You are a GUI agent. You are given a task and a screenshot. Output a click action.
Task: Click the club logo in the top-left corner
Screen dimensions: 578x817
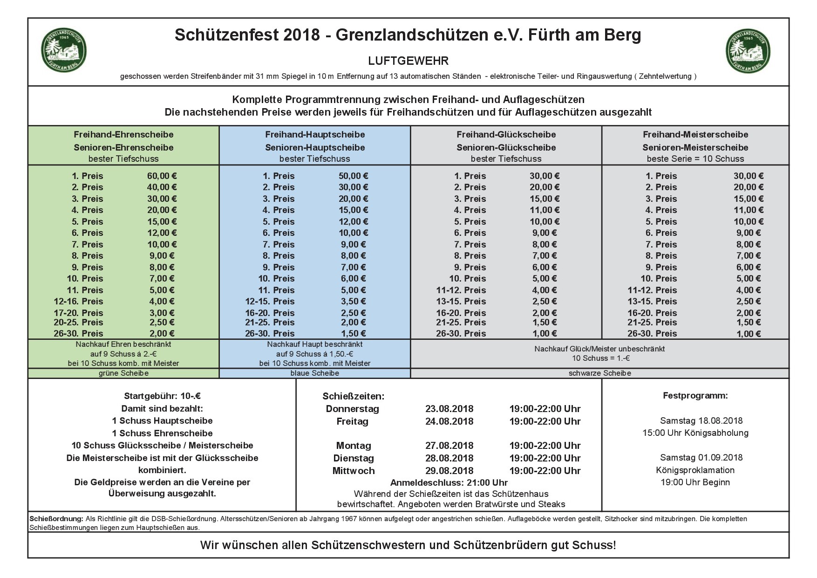[64, 50]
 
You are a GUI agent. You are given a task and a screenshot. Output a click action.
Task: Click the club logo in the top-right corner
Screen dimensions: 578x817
[748, 50]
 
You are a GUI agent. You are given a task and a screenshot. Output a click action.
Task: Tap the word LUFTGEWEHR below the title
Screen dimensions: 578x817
[408, 61]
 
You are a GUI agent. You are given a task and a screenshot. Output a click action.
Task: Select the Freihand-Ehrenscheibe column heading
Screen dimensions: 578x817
[123, 135]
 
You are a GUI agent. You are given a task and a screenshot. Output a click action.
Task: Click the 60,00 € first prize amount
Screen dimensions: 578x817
[162, 176]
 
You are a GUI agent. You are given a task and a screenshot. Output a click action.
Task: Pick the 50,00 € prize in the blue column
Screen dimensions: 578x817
[353, 176]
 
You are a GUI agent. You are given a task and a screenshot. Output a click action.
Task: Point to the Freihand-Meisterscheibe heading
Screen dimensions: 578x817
[695, 135]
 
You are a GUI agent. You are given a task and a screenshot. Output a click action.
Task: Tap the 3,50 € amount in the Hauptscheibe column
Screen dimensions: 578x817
[353, 302]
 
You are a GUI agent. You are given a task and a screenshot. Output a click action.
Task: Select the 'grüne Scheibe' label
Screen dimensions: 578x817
[123, 373]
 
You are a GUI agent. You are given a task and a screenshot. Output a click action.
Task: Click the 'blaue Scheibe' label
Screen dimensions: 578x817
[315, 373]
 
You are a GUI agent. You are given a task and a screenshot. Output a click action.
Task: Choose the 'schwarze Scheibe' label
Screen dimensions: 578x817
[599, 373]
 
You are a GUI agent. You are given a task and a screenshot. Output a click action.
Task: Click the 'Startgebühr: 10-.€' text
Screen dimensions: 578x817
[162, 397]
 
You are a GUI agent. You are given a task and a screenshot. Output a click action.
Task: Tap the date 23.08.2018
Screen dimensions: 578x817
[449, 409]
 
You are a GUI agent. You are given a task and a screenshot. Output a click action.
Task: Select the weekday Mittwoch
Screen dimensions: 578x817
[354, 471]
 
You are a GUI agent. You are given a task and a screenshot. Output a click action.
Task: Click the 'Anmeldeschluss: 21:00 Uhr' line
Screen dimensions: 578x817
[449, 483]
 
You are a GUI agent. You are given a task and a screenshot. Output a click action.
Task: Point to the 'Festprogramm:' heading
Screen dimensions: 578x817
[695, 396]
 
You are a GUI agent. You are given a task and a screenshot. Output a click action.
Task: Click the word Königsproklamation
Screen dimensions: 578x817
[695, 470]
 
